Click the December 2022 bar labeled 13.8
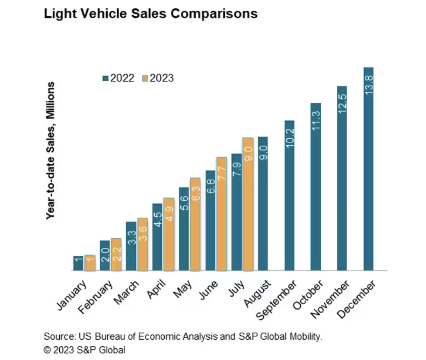tap(368, 169)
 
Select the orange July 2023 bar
tap(248, 204)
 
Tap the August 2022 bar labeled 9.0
tap(263, 203)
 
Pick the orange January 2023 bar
tap(90, 263)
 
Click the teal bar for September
tap(289, 195)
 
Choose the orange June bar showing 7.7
tap(222, 214)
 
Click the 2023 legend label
tap(162, 78)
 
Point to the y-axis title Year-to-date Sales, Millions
tap(50, 151)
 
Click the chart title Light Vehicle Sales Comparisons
tap(151, 14)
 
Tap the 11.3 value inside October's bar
tap(316, 121)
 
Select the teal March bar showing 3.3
tap(131, 246)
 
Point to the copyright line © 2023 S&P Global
tap(84, 349)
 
